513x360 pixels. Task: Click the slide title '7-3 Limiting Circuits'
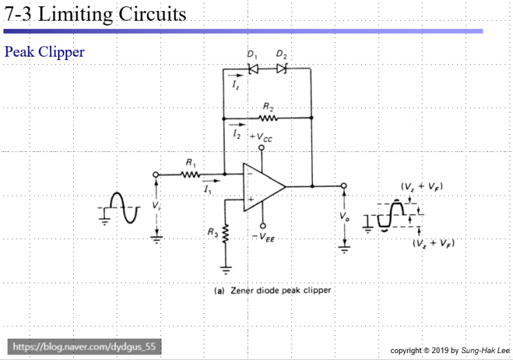tap(95, 13)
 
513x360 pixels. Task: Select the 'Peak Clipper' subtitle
tap(44, 52)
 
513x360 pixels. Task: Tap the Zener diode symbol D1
tap(253, 68)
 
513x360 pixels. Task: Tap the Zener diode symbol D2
tap(281, 68)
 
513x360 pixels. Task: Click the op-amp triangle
tap(262, 186)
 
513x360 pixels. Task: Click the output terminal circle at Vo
tap(343, 186)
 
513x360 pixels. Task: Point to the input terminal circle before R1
tap(156, 174)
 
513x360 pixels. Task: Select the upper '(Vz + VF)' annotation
tap(420, 187)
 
